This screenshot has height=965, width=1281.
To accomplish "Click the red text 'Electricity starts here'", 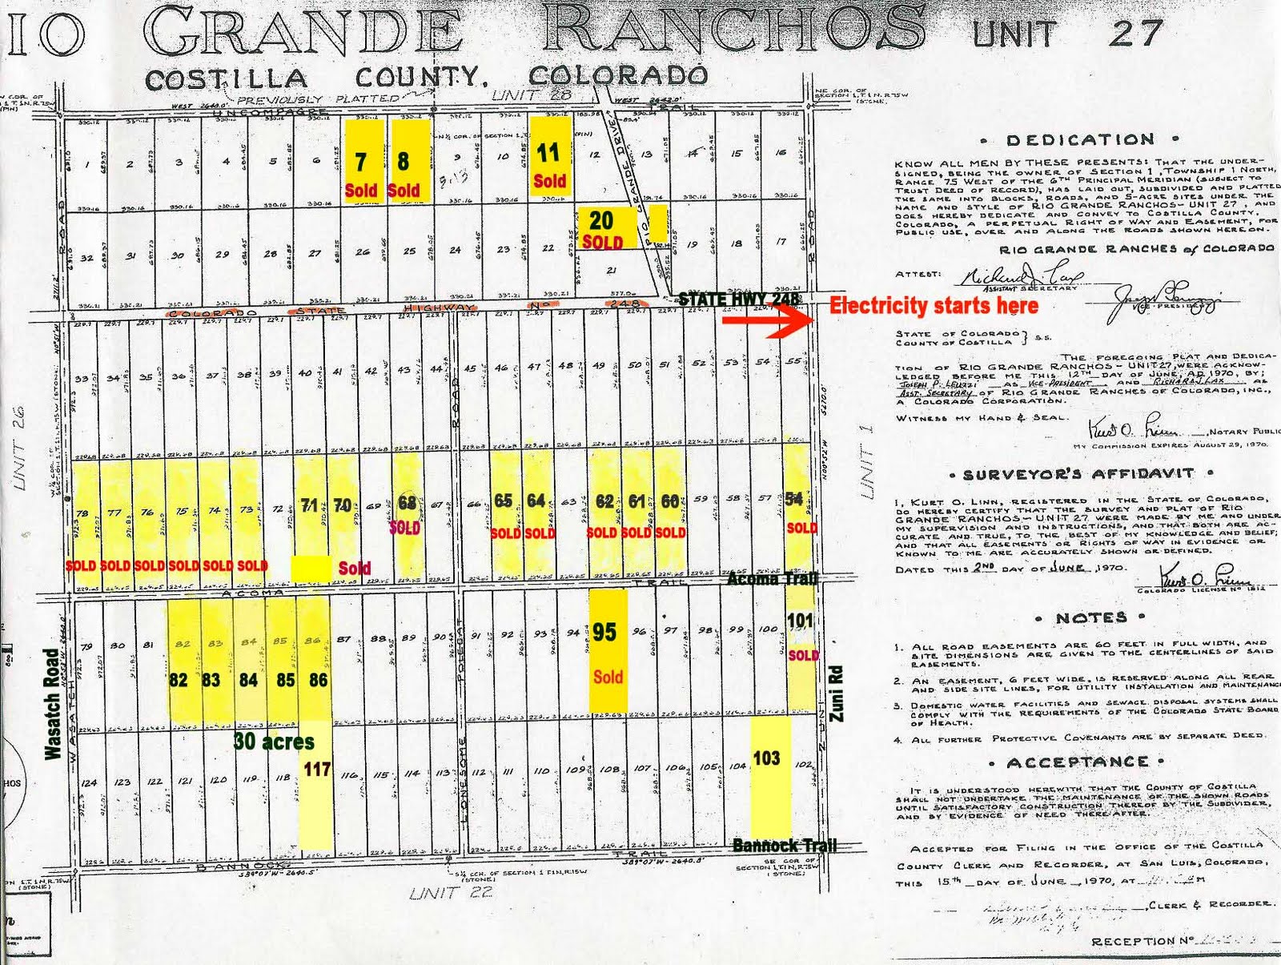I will (934, 305).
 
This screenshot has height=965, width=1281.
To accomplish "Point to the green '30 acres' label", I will (274, 742).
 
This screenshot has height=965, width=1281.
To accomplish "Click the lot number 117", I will (317, 770).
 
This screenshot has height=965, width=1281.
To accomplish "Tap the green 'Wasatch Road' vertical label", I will (51, 703).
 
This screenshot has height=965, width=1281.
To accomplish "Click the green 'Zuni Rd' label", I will (837, 694).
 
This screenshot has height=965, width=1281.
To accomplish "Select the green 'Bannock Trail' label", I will (784, 845).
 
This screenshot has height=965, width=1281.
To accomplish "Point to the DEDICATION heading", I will (1080, 140).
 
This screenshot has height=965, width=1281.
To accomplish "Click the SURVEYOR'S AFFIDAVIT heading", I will (1080, 474).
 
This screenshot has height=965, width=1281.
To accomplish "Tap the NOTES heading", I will (1090, 617).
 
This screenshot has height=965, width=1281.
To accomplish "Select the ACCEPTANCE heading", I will (1078, 762).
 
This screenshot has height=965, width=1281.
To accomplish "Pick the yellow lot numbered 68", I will (408, 513).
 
